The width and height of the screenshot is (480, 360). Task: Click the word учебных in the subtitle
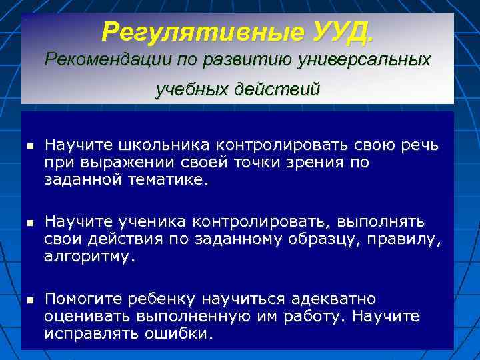tap(190, 89)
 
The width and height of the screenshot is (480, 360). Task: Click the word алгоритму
tap(89, 255)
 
